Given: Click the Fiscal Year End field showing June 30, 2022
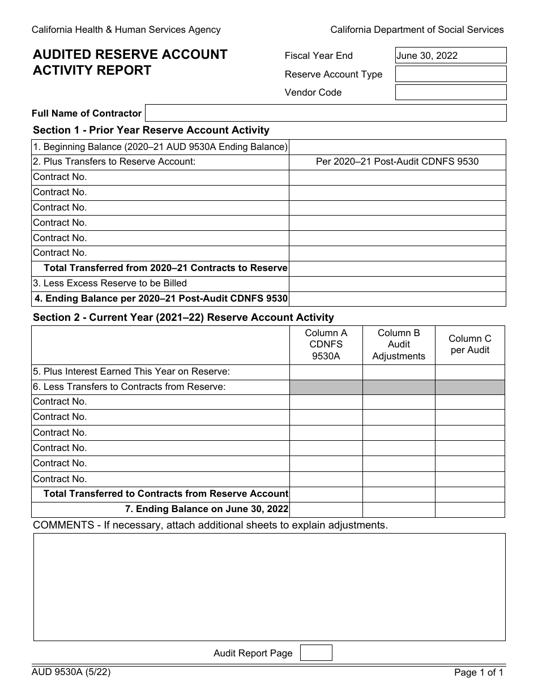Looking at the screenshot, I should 450,55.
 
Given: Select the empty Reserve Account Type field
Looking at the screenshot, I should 450,74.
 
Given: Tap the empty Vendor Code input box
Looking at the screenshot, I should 450,92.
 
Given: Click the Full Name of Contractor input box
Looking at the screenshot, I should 326,113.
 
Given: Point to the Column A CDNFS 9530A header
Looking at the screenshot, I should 326,345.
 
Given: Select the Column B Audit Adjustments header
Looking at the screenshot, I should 399,345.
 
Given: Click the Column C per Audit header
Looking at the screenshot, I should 469,344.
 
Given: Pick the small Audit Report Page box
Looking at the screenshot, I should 316,653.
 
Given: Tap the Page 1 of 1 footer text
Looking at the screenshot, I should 479,673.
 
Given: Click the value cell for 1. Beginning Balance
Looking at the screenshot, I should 397,147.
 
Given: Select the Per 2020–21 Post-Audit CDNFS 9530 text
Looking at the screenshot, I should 397,162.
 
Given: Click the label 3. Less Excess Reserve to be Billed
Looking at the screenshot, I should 110,283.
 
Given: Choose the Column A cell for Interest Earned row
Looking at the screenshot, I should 326,372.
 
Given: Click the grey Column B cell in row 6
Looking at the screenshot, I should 399,387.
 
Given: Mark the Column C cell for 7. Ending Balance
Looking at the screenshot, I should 469,509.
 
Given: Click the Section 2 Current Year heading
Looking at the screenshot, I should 183,317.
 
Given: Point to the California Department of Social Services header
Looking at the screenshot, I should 417,29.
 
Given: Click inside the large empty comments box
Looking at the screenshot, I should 269,587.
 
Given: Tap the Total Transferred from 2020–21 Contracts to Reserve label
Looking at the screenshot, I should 165,268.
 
